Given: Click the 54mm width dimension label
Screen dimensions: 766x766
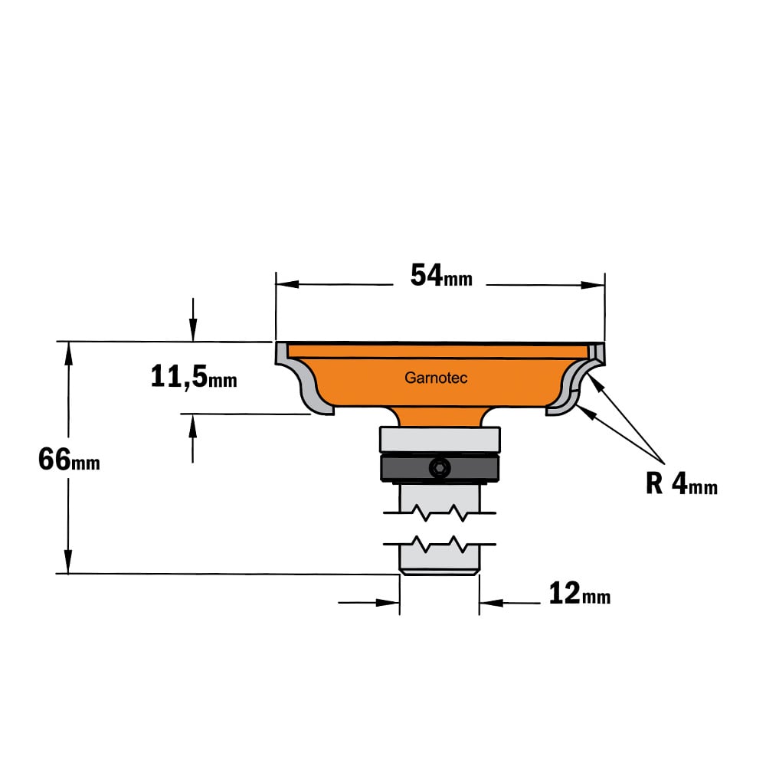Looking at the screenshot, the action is coord(441,276).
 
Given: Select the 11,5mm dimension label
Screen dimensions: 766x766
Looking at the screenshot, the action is coord(194,377).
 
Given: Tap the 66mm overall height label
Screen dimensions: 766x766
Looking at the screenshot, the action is coord(69,460).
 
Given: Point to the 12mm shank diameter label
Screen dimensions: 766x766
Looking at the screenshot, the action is coord(579,594).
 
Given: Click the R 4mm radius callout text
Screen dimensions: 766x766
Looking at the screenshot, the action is coord(682,484).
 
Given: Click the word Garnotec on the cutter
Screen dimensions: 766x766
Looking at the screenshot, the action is coord(436,378).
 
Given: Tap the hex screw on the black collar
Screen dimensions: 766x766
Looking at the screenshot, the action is coord(439,469).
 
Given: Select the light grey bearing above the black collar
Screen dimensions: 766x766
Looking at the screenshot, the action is coord(440,439).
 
